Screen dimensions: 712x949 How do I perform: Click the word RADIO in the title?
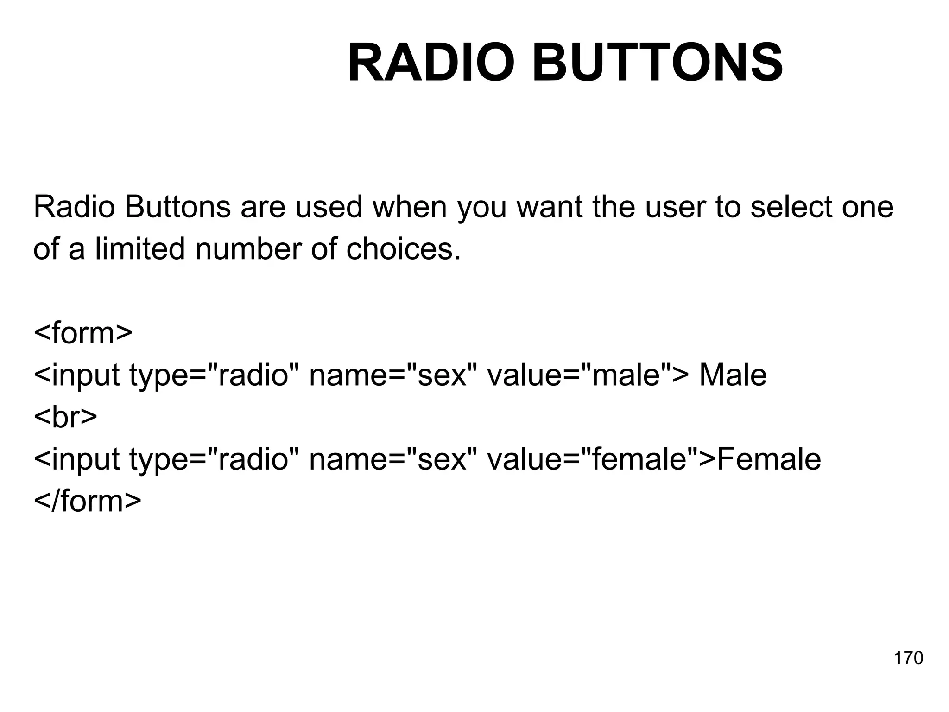click(431, 63)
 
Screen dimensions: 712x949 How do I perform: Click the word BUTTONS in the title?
click(658, 63)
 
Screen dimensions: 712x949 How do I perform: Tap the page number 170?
click(908, 658)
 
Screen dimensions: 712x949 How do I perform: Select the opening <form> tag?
click(83, 332)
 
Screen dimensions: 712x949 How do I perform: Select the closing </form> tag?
click(87, 501)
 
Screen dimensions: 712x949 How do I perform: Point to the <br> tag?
click(65, 417)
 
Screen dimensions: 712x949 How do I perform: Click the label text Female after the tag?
click(769, 459)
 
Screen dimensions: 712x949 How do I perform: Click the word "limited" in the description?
click(139, 248)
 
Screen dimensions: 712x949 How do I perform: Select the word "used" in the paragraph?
click(329, 207)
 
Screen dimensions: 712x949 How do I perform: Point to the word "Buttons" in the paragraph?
click(177, 207)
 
